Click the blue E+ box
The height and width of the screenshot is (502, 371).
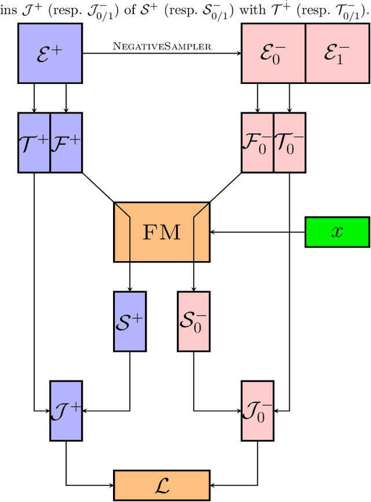[50, 54]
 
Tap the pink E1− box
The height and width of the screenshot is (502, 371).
[337, 54]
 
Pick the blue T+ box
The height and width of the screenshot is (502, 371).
[34, 142]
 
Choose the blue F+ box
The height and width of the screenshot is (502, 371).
[66, 142]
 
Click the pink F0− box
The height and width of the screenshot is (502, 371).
[257, 142]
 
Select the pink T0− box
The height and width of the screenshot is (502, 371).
[289, 142]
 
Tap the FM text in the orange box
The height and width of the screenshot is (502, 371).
[161, 232]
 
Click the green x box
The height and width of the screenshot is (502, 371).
[337, 232]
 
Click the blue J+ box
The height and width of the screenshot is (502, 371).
[67, 411]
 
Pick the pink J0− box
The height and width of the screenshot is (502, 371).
[257, 411]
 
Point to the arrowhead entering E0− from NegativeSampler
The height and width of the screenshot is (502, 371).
[238, 54]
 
